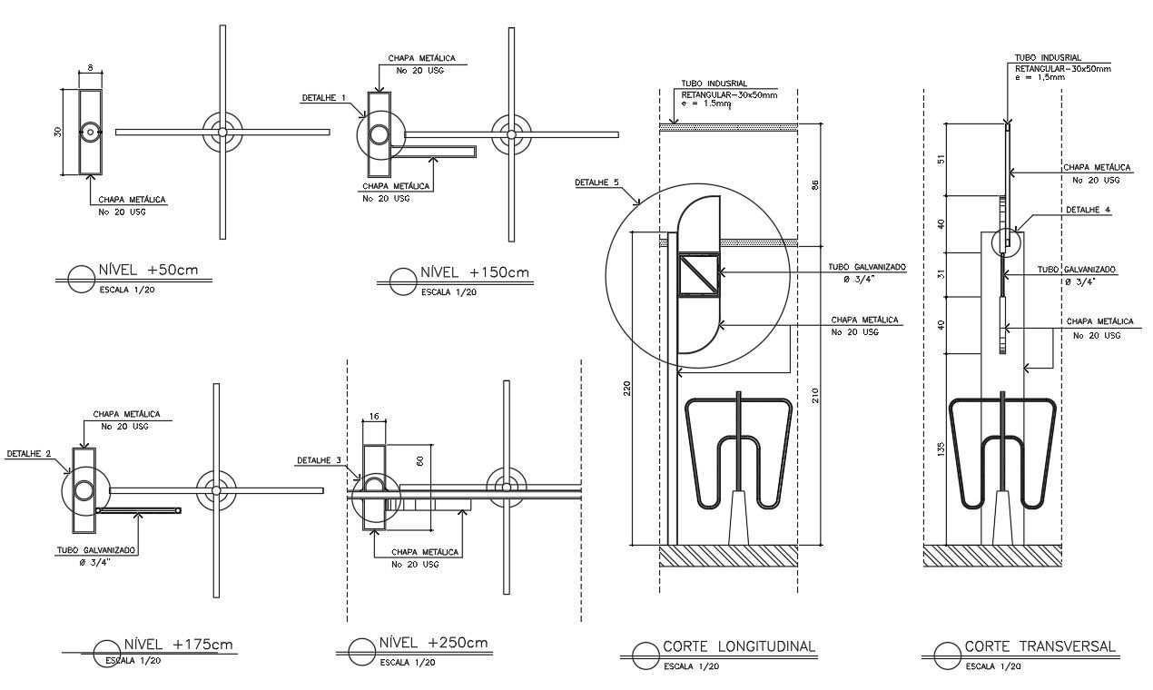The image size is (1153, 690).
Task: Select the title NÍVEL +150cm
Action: point(474,273)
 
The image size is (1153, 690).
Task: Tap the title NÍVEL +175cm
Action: point(179,645)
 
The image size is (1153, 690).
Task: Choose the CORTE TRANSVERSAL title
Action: point(1040,647)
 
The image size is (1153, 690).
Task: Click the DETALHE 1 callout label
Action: point(323,97)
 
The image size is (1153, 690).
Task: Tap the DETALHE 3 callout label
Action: point(318,460)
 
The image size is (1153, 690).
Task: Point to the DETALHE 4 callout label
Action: point(1088,210)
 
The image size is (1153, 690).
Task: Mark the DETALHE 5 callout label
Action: point(596,182)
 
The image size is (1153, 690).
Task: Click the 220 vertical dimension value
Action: point(627,389)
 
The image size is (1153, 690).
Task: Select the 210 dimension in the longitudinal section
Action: point(815,395)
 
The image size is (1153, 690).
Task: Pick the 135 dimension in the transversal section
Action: point(941,448)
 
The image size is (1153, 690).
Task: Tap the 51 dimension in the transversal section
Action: point(941,160)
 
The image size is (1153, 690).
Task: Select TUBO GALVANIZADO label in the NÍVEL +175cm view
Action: point(94,550)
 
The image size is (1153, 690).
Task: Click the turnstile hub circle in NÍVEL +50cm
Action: point(222,132)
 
